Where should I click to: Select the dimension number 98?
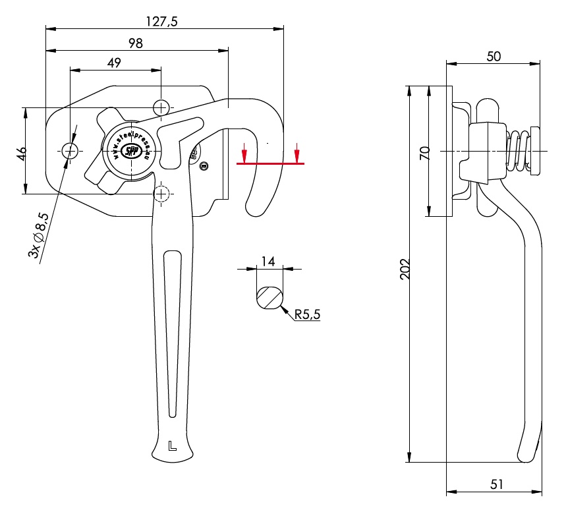[136, 43]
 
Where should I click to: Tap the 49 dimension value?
[114, 63]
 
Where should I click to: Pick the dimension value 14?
[268, 261]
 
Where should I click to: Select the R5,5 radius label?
[307, 315]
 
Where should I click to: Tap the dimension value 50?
[494, 57]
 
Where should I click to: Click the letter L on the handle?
[172, 445]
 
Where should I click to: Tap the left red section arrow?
[244, 153]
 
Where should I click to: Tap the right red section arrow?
[297, 153]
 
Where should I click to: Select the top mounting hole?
[161, 107]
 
